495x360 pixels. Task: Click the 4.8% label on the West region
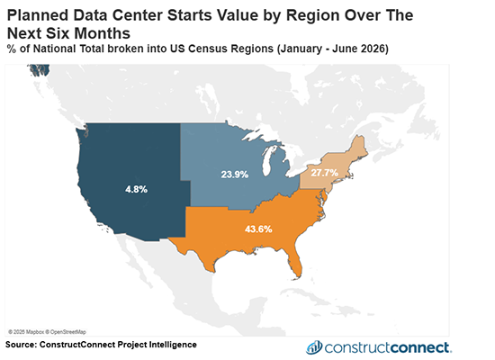pos(136,190)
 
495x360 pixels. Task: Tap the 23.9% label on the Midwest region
pos(236,173)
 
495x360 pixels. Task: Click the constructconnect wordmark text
pos(391,347)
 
